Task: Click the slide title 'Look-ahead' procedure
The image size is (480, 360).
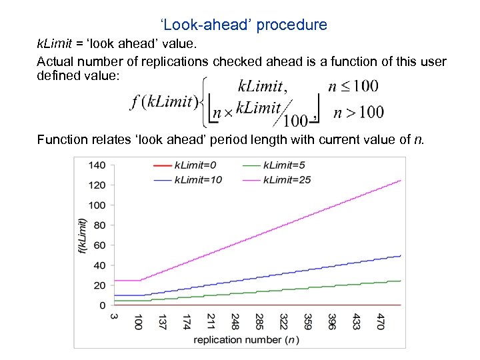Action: pos(243,25)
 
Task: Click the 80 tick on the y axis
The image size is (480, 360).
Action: pos(99,225)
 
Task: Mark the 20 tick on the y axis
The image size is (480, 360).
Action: pos(99,285)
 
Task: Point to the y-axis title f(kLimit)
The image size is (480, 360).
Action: pos(83,235)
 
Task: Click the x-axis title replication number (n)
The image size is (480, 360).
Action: pos(245,339)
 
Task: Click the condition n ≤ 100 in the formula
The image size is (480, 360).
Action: pos(353,86)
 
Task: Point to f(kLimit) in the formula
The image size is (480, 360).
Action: pos(164,103)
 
